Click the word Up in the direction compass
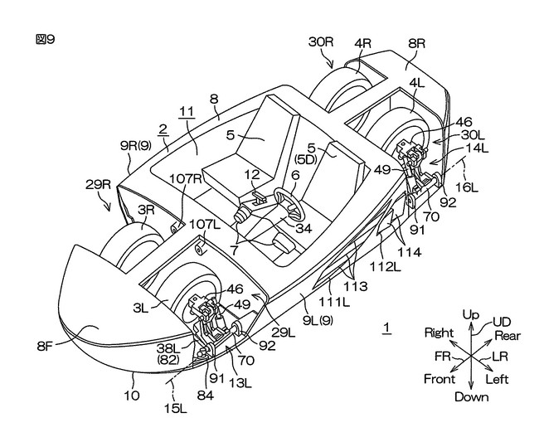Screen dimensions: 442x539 pos(471,317)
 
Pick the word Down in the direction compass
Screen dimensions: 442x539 pos(471,396)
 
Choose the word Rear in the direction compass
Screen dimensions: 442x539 pos(507,335)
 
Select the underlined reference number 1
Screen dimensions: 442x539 pos(386,329)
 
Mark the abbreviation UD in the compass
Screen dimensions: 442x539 pos(503,321)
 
